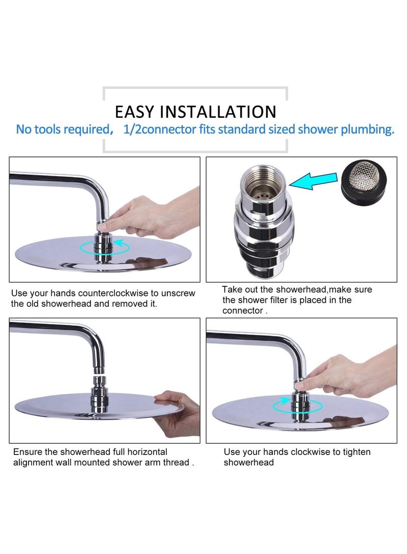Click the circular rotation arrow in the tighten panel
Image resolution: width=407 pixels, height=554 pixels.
point(297,405)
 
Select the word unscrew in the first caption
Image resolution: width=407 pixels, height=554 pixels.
point(179,294)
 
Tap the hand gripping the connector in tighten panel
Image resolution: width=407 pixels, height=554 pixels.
point(346,373)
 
